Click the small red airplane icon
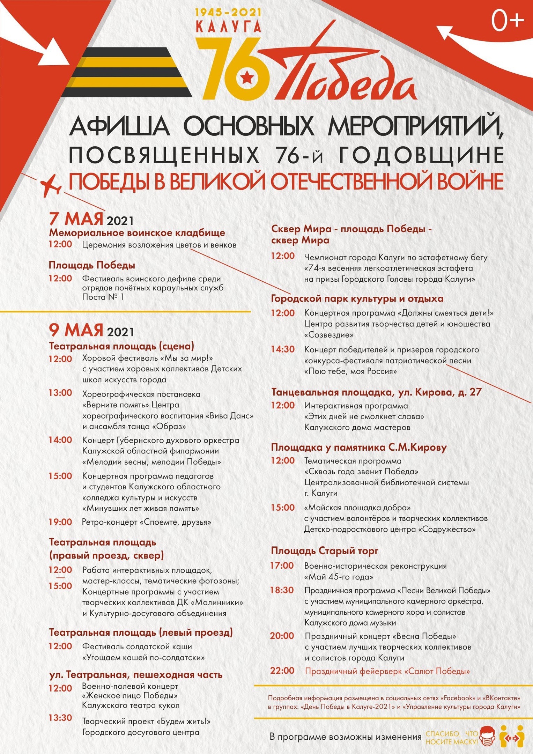(x=51, y=186)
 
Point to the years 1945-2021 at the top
(x=228, y=13)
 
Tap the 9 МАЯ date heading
(x=76, y=330)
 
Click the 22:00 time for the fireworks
(x=282, y=671)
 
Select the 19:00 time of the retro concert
(x=60, y=522)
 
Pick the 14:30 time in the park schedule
(x=282, y=349)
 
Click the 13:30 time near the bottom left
(x=60, y=718)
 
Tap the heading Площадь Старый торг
(x=325, y=551)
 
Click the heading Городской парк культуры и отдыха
(x=357, y=298)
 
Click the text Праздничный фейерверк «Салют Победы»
(x=387, y=671)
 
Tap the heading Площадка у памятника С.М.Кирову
(x=359, y=447)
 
